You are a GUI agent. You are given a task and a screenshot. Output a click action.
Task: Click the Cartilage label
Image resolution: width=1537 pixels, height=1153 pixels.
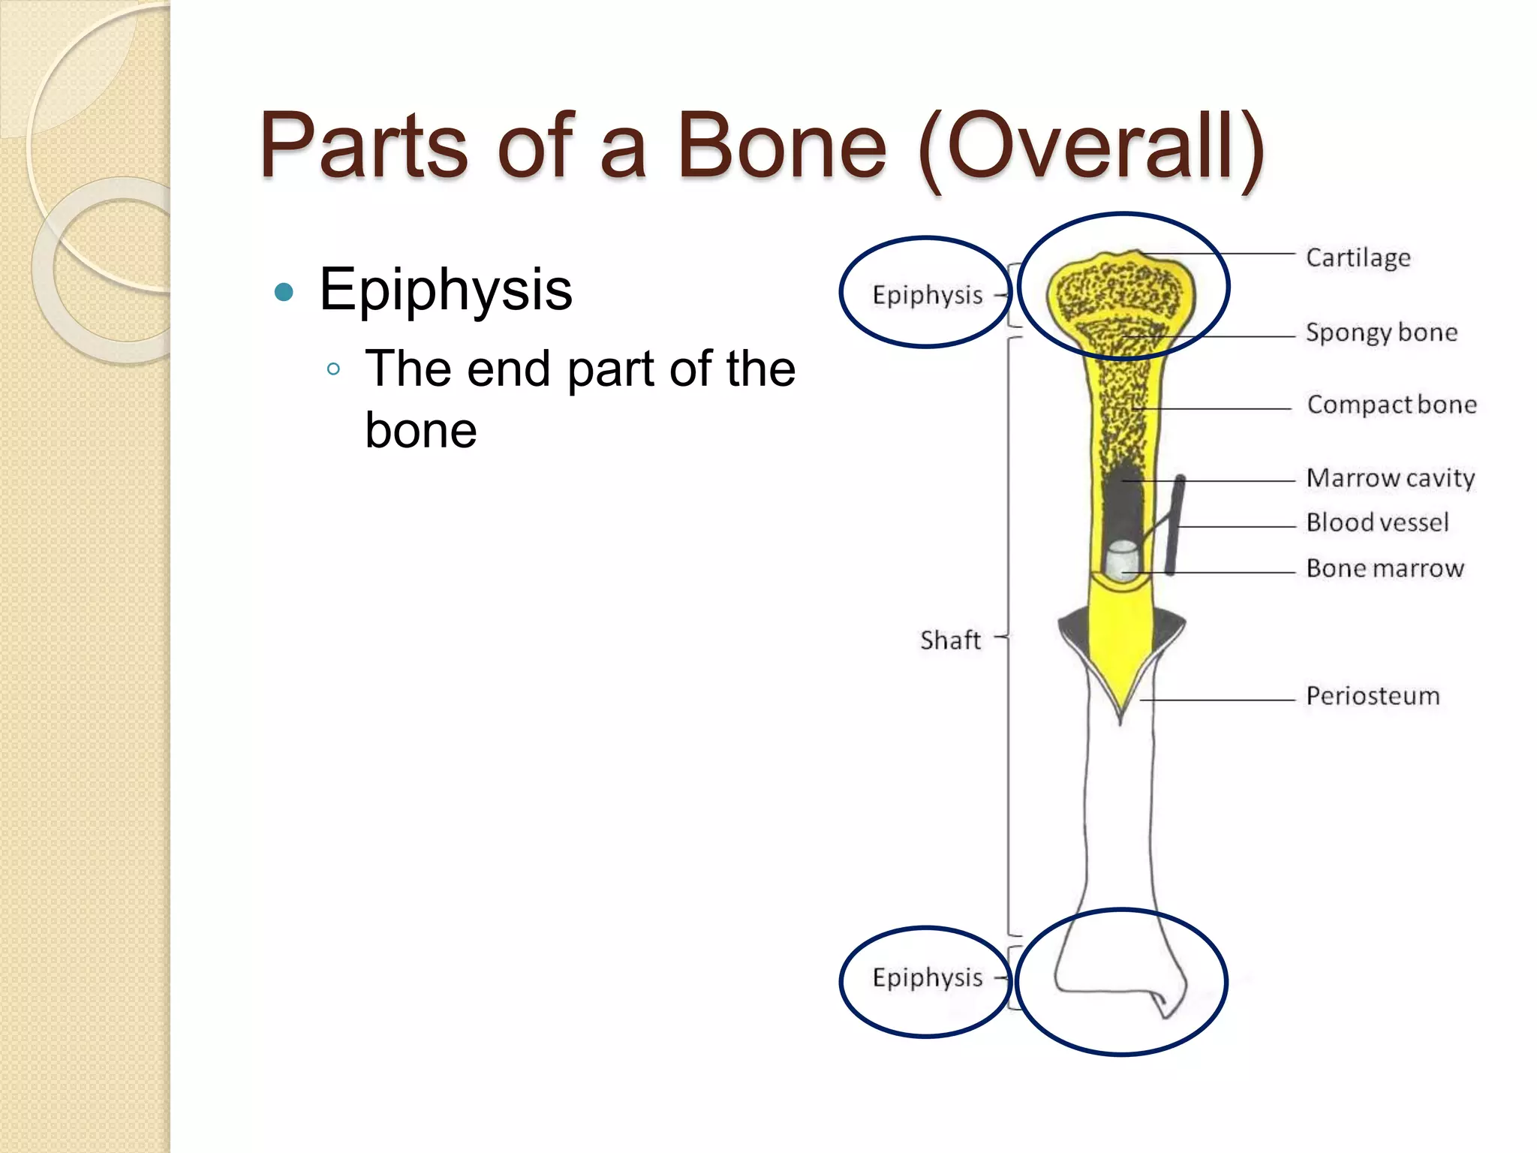point(1358,257)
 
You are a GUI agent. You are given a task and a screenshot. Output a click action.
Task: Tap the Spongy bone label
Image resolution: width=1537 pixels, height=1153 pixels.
point(1381,333)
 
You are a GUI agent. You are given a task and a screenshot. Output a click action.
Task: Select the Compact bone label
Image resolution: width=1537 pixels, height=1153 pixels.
point(1391,405)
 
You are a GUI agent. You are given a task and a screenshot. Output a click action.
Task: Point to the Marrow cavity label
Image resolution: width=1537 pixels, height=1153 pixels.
point(1390,478)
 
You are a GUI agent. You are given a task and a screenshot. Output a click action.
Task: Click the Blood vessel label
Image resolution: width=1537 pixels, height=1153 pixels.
point(1377,522)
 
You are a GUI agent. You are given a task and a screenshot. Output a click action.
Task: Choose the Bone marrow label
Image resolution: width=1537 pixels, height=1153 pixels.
point(1385,568)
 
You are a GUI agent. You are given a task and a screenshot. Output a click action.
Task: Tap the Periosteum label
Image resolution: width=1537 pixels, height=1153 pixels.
point(1373,696)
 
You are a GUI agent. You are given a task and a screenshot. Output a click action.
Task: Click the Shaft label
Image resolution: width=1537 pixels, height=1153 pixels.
point(950,640)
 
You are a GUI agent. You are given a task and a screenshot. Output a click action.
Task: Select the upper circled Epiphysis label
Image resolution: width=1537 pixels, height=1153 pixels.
point(927,295)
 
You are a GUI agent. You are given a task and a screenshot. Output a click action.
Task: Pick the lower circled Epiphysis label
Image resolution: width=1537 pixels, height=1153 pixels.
point(927,977)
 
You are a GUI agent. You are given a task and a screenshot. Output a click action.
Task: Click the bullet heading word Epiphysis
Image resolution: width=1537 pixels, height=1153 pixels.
point(446,290)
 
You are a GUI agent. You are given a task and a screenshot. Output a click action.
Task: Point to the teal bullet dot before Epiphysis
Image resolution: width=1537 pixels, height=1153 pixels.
point(284,291)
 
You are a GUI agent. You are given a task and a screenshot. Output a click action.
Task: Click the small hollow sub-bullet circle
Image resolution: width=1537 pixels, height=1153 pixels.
point(334,369)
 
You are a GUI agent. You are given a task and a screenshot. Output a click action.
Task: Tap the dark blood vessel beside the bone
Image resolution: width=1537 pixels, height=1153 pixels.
point(1175,525)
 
